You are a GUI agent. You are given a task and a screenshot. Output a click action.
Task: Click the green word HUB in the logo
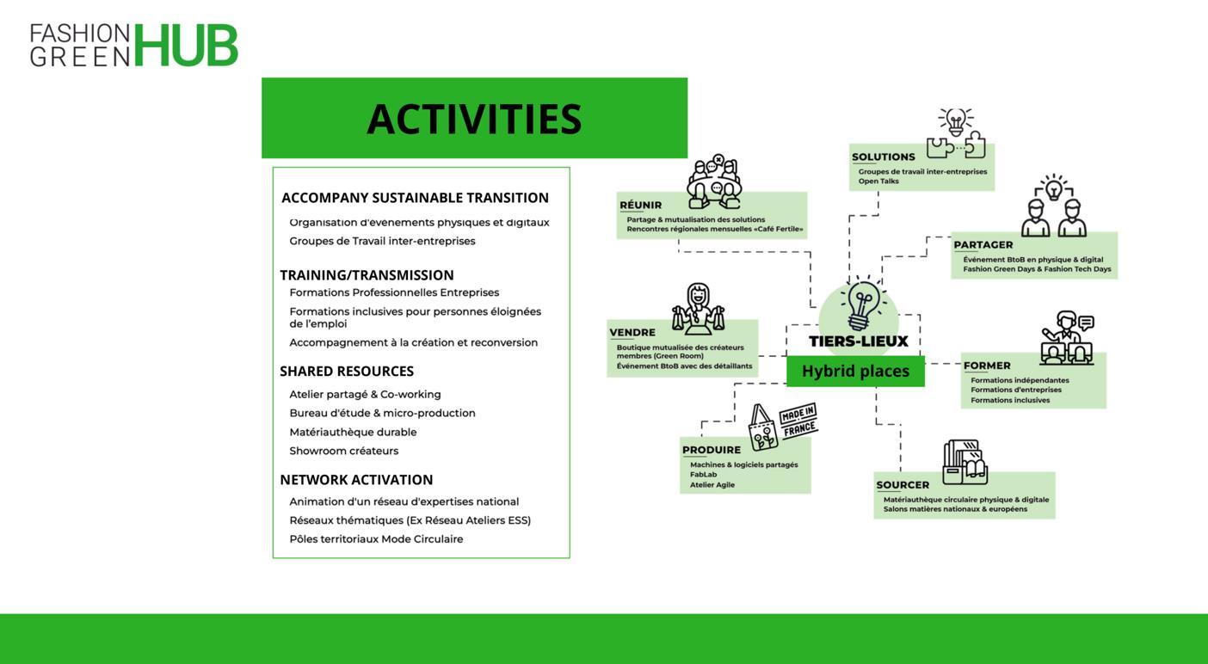pos(186,45)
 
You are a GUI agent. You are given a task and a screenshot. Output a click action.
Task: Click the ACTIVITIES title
pos(474,119)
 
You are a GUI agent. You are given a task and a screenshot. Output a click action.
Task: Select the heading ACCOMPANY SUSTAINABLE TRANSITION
pos(415,198)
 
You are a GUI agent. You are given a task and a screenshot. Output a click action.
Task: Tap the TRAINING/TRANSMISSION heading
pos(367,275)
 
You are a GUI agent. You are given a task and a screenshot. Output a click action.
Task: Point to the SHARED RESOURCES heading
pos(347,372)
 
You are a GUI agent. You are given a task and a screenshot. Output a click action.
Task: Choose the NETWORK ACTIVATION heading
pos(356,480)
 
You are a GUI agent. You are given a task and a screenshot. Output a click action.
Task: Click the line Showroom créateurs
pos(344,451)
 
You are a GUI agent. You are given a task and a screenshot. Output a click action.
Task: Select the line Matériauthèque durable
pos(353,432)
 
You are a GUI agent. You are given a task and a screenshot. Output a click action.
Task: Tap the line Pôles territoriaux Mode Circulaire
pos(376,539)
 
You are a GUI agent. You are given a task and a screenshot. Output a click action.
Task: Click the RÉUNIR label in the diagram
pos(641,205)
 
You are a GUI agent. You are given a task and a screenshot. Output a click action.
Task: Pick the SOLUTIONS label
pos(884,157)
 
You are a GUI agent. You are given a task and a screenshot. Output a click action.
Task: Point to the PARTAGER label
pos(983,245)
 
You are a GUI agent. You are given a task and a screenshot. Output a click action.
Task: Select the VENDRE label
pos(632,333)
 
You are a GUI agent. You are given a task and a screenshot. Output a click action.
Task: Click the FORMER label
pos(987,366)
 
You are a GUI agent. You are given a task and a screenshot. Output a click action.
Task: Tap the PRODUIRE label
pos(712,450)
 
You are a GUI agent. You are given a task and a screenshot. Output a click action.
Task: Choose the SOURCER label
pos(903,485)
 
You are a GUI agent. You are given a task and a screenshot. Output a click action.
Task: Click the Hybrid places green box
pos(855,372)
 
